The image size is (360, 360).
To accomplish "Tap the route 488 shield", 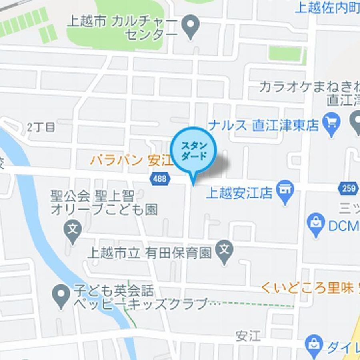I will pyautogui.click(x=159, y=178).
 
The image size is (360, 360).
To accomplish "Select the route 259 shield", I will pyautogui.click(x=349, y=188).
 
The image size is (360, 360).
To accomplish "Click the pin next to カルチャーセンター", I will pyautogui.click(x=191, y=26).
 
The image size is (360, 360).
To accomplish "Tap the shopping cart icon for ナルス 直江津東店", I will pyautogui.click(x=332, y=125).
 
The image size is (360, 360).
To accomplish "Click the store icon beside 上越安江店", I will pyautogui.click(x=285, y=193).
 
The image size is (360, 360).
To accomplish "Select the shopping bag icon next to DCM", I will pyautogui.click(x=316, y=224).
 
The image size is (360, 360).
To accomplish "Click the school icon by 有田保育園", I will pyautogui.click(x=224, y=251).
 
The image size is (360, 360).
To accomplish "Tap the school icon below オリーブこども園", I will pyautogui.click(x=72, y=231).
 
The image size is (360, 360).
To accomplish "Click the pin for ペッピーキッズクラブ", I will pyautogui.click(x=61, y=296).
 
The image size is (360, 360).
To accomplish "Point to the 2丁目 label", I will pyautogui.click(x=41, y=127).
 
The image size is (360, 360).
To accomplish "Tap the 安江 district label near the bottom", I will pyautogui.click(x=248, y=336).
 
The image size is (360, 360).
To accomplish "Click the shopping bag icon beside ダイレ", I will pyautogui.click(x=314, y=344).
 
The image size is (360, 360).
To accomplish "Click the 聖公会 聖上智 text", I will pyautogui.click(x=92, y=196).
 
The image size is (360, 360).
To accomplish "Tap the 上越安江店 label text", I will pyautogui.click(x=239, y=194).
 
